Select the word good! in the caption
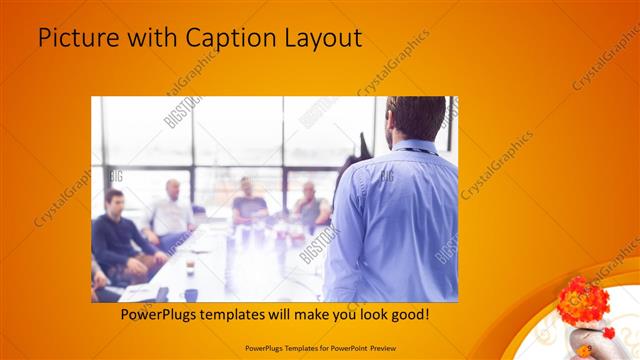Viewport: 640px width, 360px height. [408, 314]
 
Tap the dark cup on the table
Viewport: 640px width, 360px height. [190, 294]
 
